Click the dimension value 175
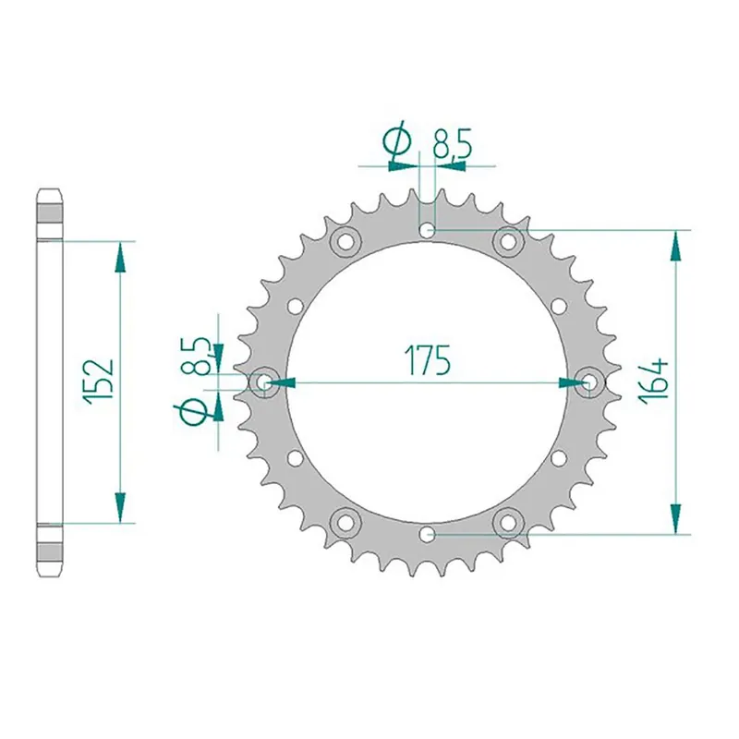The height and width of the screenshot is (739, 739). click(x=425, y=360)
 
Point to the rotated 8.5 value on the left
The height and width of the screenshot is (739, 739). click(x=196, y=356)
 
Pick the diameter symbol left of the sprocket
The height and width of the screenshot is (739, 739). click(x=195, y=413)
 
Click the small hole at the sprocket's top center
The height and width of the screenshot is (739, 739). click(x=426, y=230)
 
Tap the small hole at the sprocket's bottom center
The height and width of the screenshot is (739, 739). click(x=426, y=533)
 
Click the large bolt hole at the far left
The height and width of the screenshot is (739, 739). click(x=262, y=382)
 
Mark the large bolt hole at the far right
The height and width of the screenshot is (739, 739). click(x=588, y=382)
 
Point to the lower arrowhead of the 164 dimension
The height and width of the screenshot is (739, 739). click(x=676, y=517)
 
